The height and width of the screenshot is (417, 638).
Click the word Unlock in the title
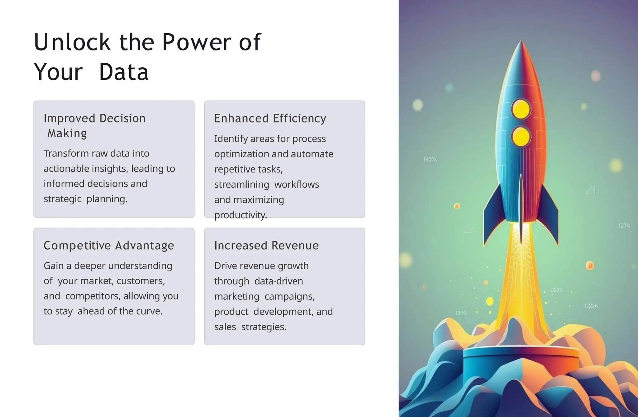[72, 42]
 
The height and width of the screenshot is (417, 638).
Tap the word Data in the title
[124, 72]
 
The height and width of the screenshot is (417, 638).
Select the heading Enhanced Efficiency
[270, 118]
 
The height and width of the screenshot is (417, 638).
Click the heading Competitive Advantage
[109, 246]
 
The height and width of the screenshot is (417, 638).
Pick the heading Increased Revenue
[266, 246]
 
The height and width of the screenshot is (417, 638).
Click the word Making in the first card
[67, 133]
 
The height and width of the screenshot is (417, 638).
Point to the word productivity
[240, 215]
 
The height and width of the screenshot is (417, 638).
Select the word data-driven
[279, 281]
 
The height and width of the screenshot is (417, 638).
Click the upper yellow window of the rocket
[521, 109]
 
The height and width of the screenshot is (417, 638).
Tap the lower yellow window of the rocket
[521, 137]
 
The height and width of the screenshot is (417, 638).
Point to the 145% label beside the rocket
[430, 160]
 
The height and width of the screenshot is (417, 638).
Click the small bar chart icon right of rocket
[590, 190]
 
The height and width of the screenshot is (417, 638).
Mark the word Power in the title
[197, 42]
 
